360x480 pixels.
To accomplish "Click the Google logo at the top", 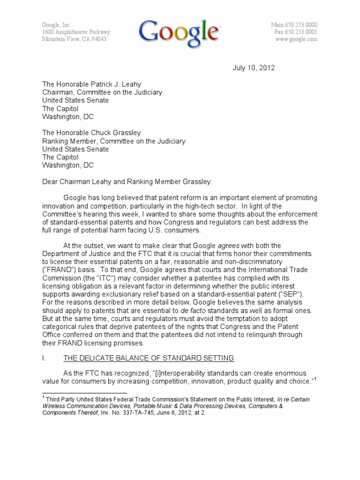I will point(179,32).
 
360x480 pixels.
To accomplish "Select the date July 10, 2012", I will point(254,68).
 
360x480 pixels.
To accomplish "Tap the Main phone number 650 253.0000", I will point(300,25).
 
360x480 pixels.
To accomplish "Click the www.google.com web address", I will point(296,39).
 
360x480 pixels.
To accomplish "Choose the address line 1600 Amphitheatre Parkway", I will point(76,32).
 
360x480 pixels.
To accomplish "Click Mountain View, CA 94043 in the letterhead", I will point(74,39).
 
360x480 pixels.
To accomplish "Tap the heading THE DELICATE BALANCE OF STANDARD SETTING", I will point(148,358).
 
